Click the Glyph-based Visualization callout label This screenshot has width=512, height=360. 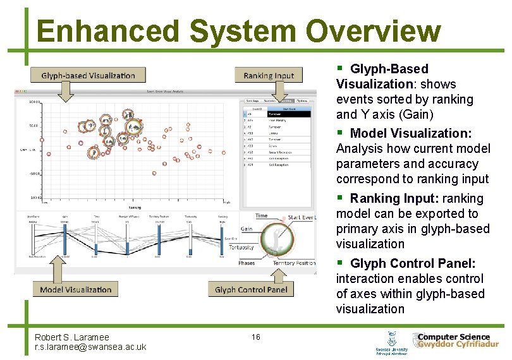(88, 75)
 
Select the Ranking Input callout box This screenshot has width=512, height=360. (269, 75)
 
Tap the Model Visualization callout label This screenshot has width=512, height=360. (75, 289)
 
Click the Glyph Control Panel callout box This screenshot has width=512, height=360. (251, 289)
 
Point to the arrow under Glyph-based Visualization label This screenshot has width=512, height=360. (65, 92)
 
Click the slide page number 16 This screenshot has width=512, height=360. (255, 337)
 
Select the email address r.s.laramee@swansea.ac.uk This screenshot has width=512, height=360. (90, 347)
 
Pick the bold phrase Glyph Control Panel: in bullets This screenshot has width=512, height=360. (412, 263)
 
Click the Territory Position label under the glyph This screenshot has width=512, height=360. (294, 263)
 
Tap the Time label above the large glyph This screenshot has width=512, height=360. (261, 215)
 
